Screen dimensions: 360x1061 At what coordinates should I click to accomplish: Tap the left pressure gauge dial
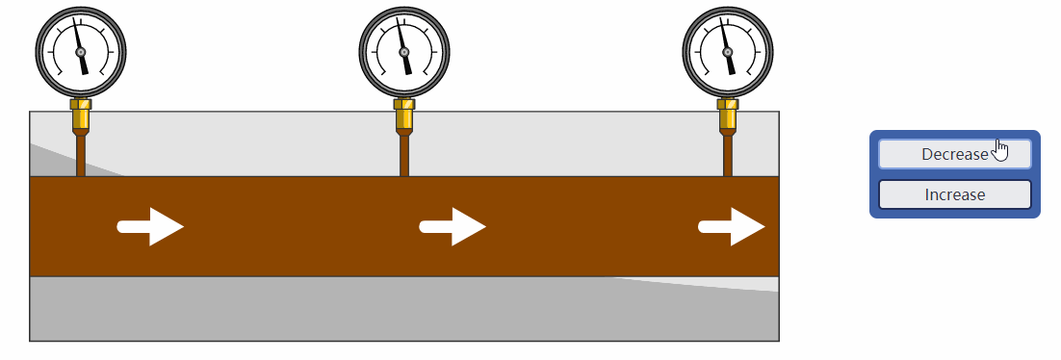(x=81, y=52)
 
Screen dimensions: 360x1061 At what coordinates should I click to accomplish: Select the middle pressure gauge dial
(x=404, y=52)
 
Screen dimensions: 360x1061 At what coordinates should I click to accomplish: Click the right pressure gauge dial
(x=728, y=52)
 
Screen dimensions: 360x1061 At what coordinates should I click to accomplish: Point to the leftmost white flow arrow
(x=150, y=227)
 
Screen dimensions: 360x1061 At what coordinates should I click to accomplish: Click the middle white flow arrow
(x=453, y=227)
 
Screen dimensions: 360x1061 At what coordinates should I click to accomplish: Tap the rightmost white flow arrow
(x=732, y=227)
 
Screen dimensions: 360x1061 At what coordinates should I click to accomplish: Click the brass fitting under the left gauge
(x=81, y=115)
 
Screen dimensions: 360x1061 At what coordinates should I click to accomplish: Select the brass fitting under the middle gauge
(x=404, y=115)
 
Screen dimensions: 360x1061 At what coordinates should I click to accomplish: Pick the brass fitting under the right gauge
(x=728, y=115)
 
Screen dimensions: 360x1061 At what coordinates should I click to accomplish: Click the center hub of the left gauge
(x=81, y=52)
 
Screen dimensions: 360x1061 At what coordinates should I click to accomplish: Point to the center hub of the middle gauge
(x=404, y=52)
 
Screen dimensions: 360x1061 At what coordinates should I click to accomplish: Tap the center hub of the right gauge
(x=728, y=52)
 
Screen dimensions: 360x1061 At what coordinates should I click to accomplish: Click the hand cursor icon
(x=1001, y=151)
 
